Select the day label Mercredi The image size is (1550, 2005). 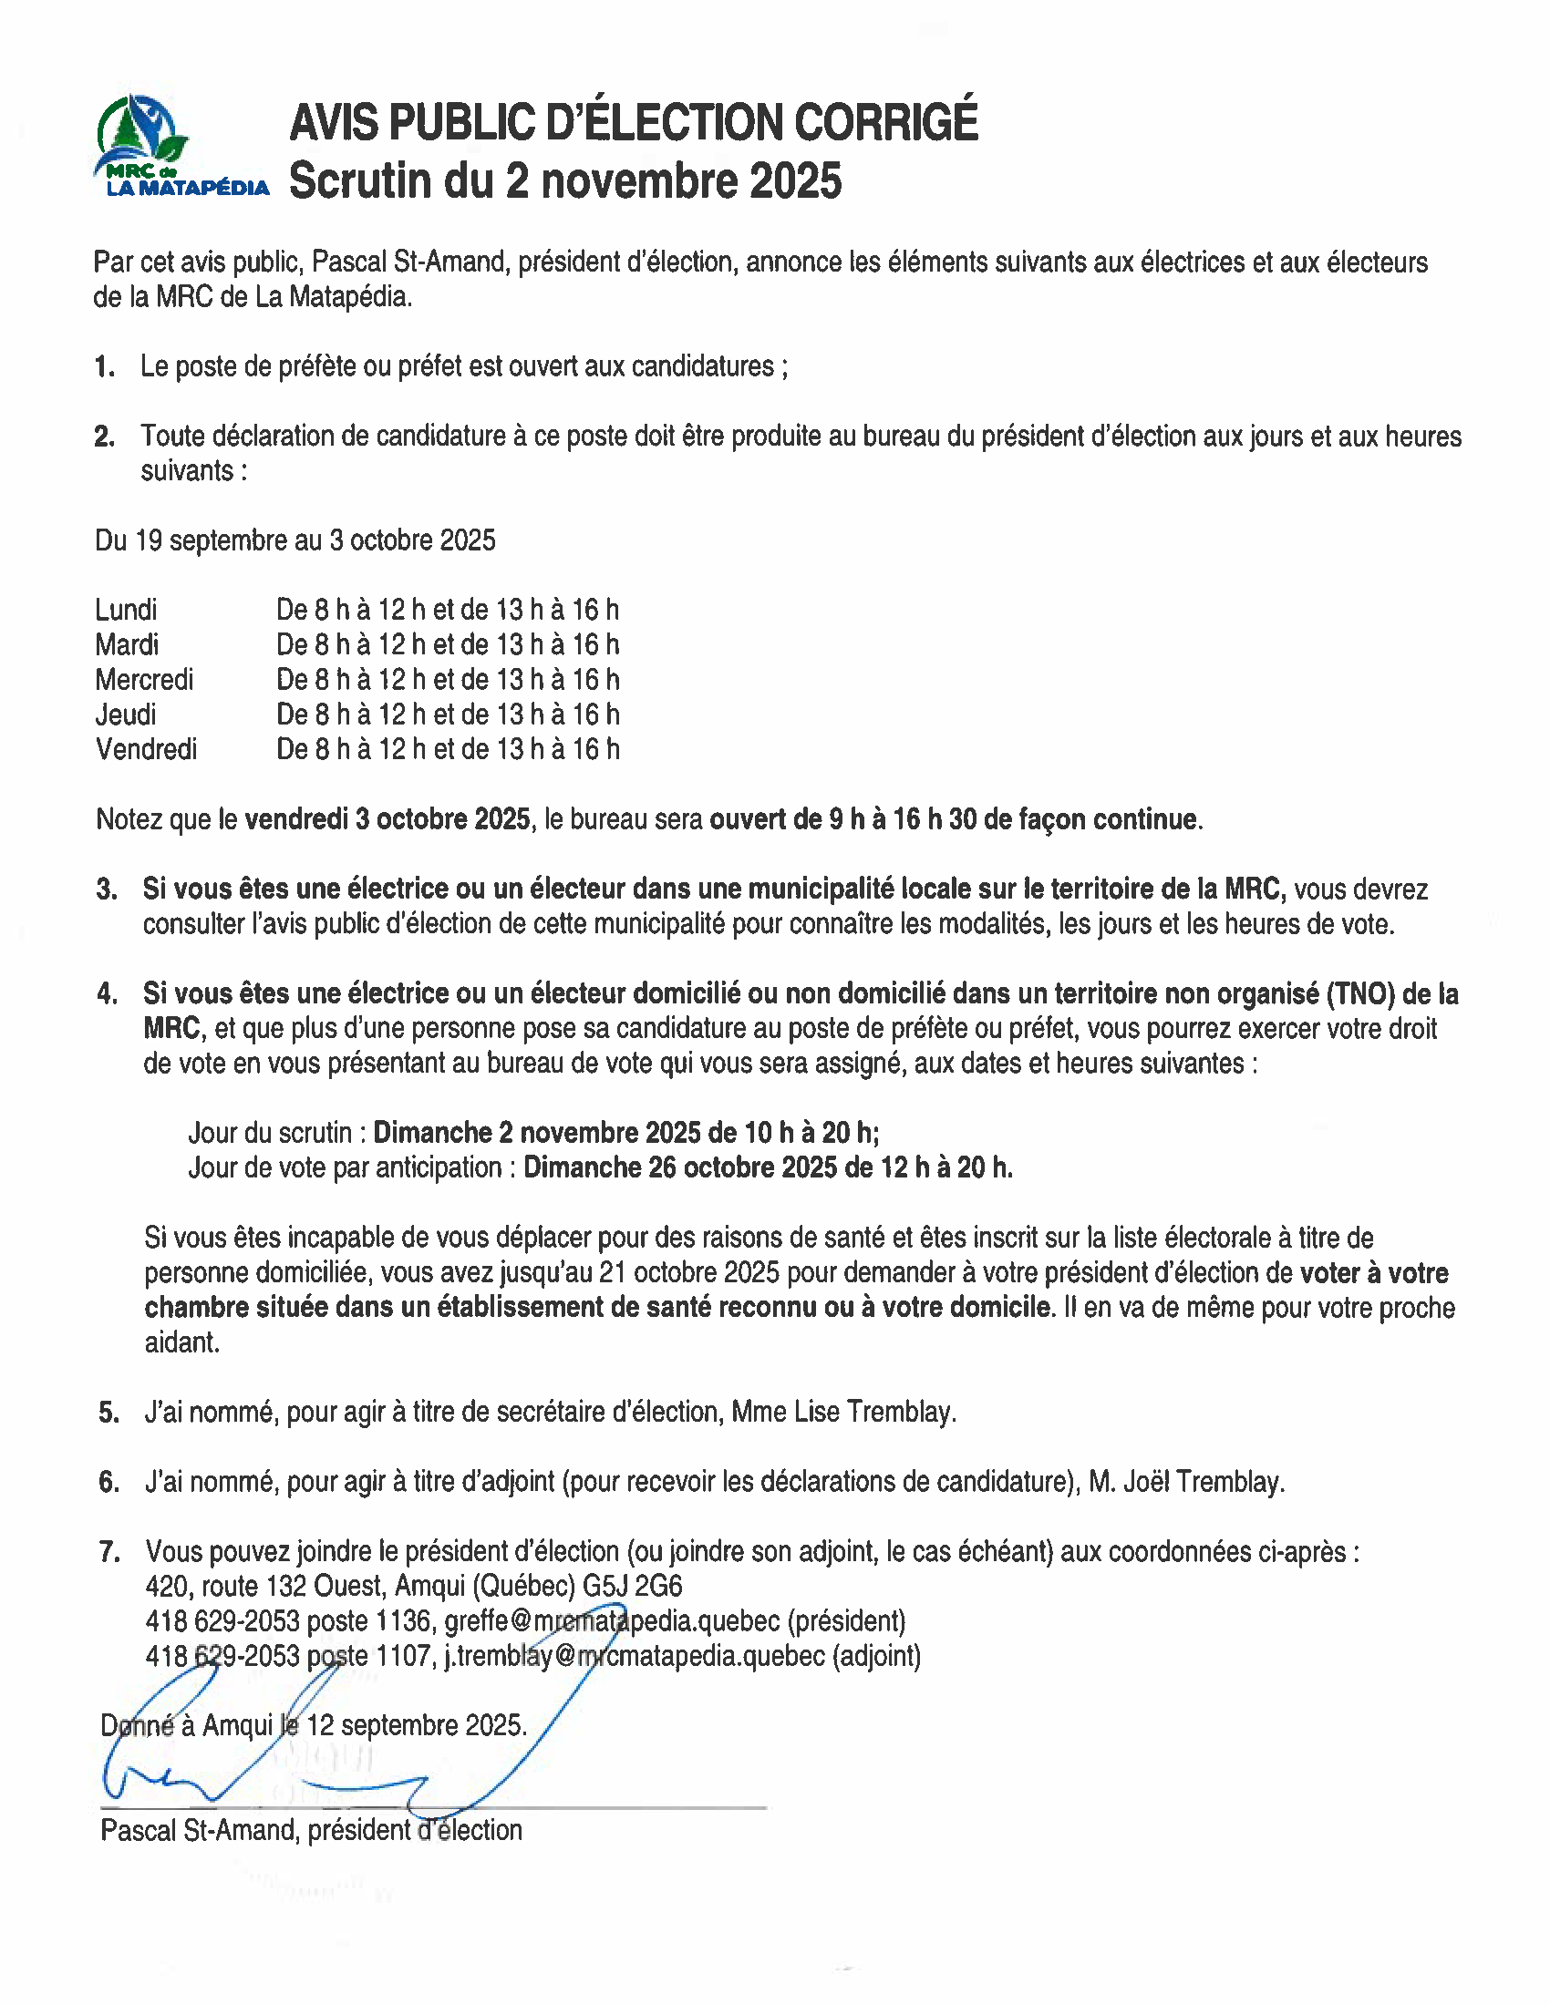pos(144,679)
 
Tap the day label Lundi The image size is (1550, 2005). pos(126,610)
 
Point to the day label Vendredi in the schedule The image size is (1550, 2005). pos(146,749)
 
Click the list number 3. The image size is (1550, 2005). pos(107,889)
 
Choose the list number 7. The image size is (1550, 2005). pos(109,1551)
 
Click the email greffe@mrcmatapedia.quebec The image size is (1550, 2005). pos(612,1621)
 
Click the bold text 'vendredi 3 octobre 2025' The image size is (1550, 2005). pos(387,819)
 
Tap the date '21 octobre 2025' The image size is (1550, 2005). pos(688,1272)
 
